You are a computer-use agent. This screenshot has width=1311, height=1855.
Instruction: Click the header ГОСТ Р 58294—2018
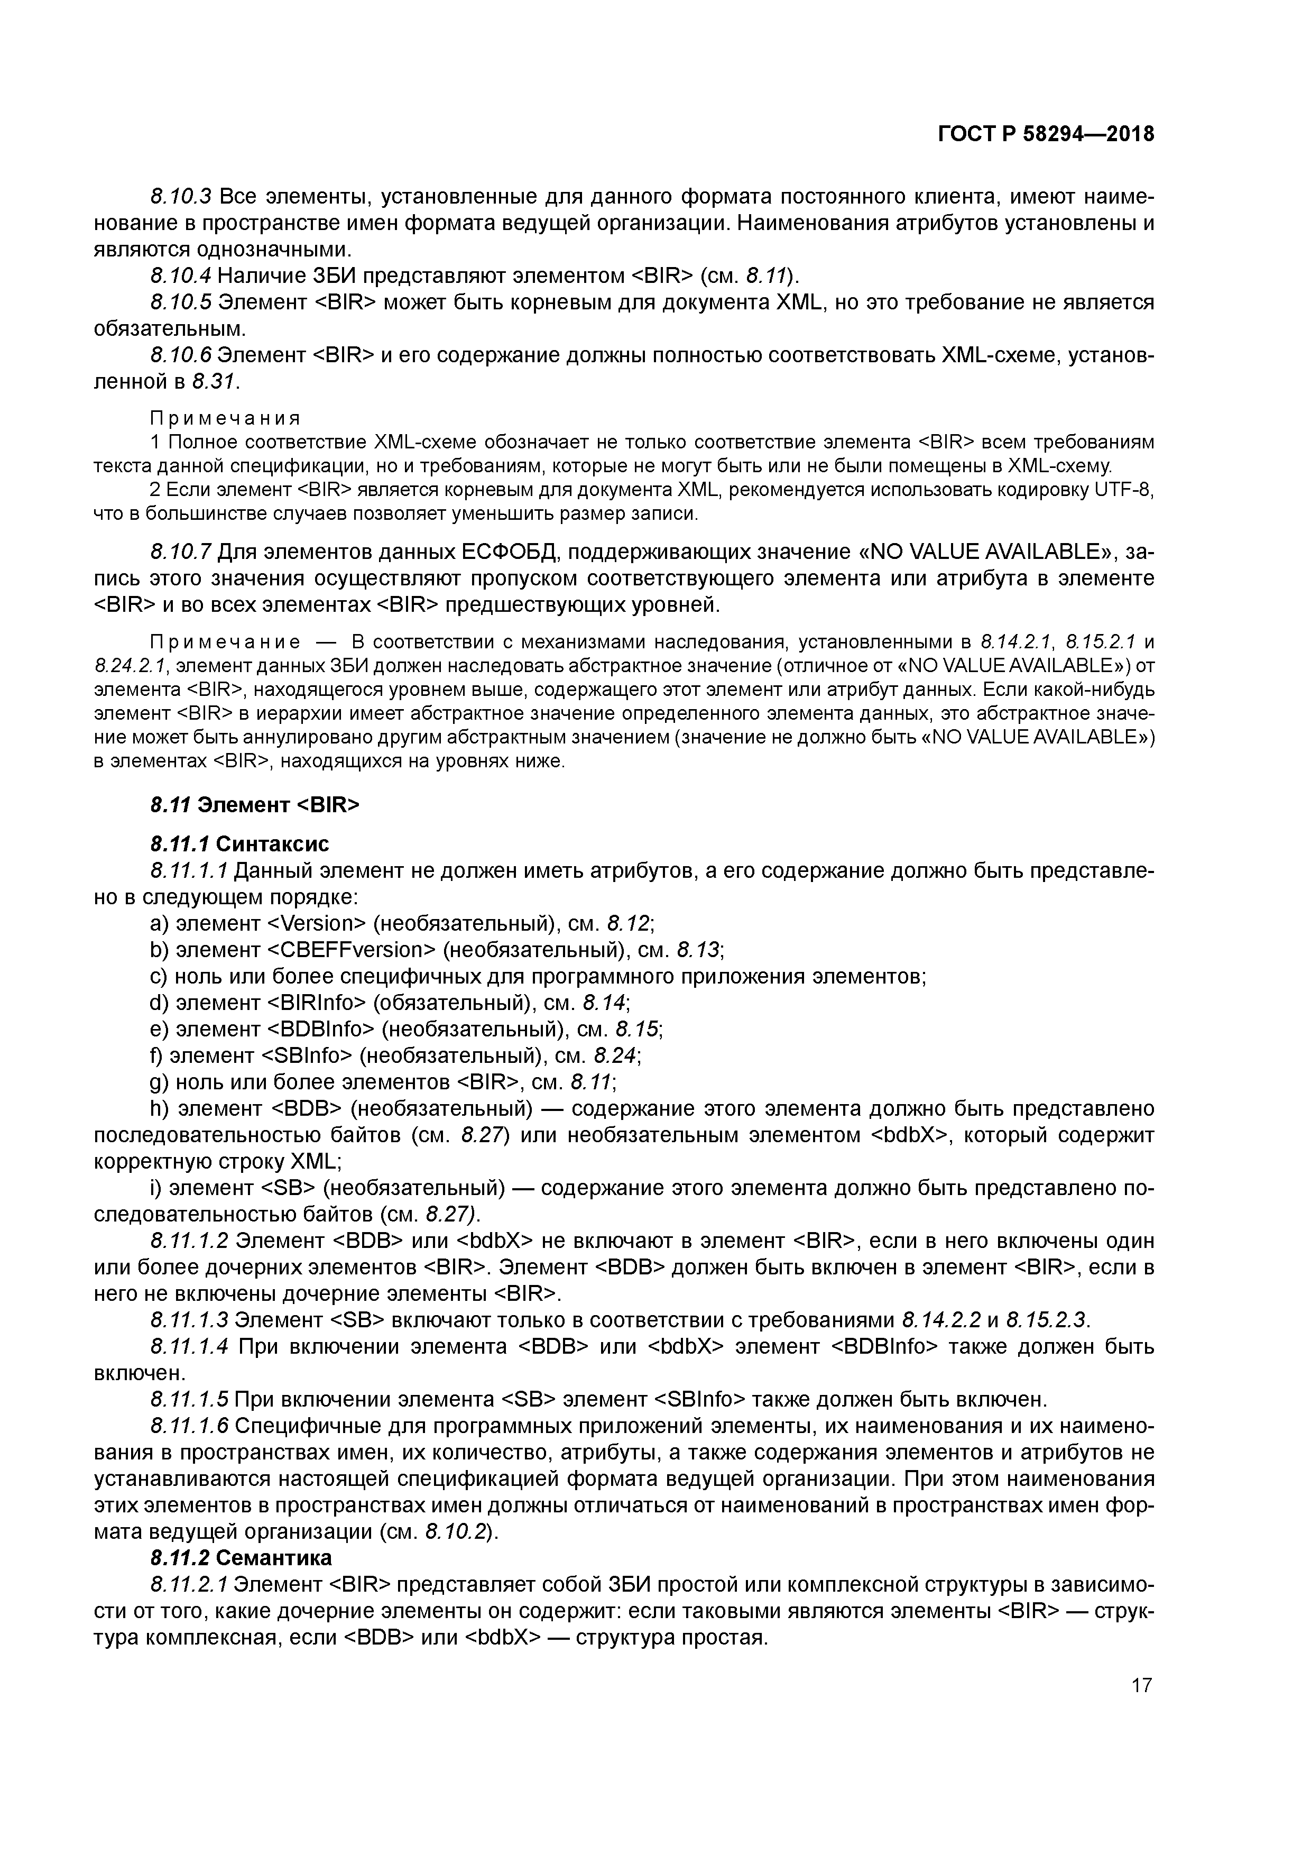click(1046, 134)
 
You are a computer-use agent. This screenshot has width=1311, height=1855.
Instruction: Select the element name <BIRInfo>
click(316, 1003)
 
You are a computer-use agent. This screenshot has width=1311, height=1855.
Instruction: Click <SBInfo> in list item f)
click(306, 1055)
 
